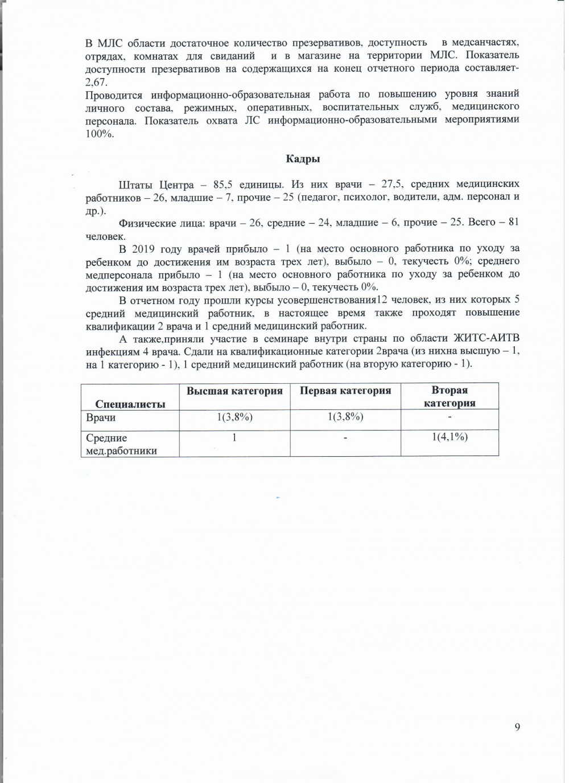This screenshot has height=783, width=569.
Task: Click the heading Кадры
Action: pos(303,159)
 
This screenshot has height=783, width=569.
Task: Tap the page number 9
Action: pos(517,727)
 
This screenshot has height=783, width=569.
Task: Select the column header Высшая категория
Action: pos(234,391)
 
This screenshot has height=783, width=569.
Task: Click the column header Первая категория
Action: pos(345,391)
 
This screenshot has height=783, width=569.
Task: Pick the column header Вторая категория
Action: pos(450,396)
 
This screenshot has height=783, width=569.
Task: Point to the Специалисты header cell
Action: pos(130,404)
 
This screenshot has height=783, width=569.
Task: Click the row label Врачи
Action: pos(101,418)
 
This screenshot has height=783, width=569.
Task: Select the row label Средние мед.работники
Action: pos(121,444)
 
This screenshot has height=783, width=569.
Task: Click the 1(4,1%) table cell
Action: pos(450,437)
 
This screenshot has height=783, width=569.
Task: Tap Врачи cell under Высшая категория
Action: pos(234,417)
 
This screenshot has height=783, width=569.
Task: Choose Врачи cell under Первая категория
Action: pos(345,417)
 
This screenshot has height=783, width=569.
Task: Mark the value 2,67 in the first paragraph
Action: pos(96,82)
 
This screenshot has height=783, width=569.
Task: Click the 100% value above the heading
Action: pos(100,134)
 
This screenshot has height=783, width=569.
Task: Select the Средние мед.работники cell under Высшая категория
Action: pos(234,437)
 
